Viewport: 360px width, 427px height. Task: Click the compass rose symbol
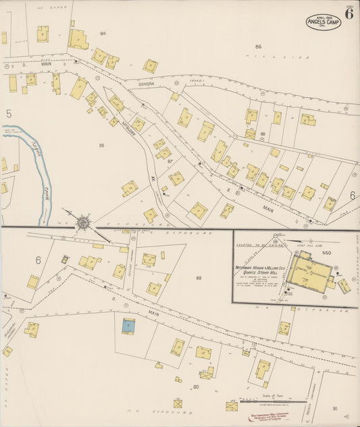point(83,221)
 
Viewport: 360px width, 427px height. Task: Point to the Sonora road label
point(147,84)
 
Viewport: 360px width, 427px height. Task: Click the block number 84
point(103,33)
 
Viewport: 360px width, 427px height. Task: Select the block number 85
point(258,46)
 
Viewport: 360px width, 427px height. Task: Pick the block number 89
point(199,278)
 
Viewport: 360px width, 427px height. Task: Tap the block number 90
point(196,386)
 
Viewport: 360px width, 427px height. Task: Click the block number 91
point(335,408)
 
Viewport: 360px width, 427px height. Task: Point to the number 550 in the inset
point(328,252)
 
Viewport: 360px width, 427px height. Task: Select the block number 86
point(101,145)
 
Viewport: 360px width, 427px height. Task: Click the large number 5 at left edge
point(9,114)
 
